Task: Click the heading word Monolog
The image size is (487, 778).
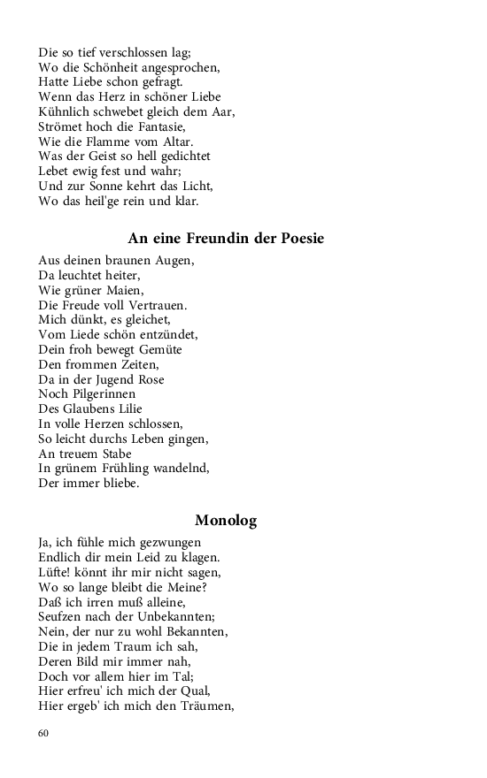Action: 226,521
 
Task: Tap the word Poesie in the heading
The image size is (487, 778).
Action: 298,239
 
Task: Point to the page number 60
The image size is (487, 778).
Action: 44,733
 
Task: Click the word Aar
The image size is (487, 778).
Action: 224,111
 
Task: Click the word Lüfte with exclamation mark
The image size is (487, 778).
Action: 55,572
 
